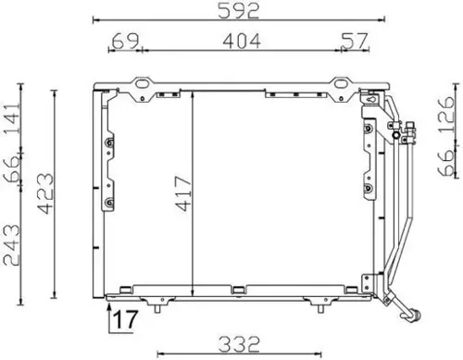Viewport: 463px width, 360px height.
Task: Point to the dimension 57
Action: click(354, 40)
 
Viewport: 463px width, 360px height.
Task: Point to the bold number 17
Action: click(126, 319)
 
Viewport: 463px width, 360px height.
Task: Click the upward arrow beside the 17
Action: click(111, 301)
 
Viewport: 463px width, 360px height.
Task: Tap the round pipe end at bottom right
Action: click(415, 315)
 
